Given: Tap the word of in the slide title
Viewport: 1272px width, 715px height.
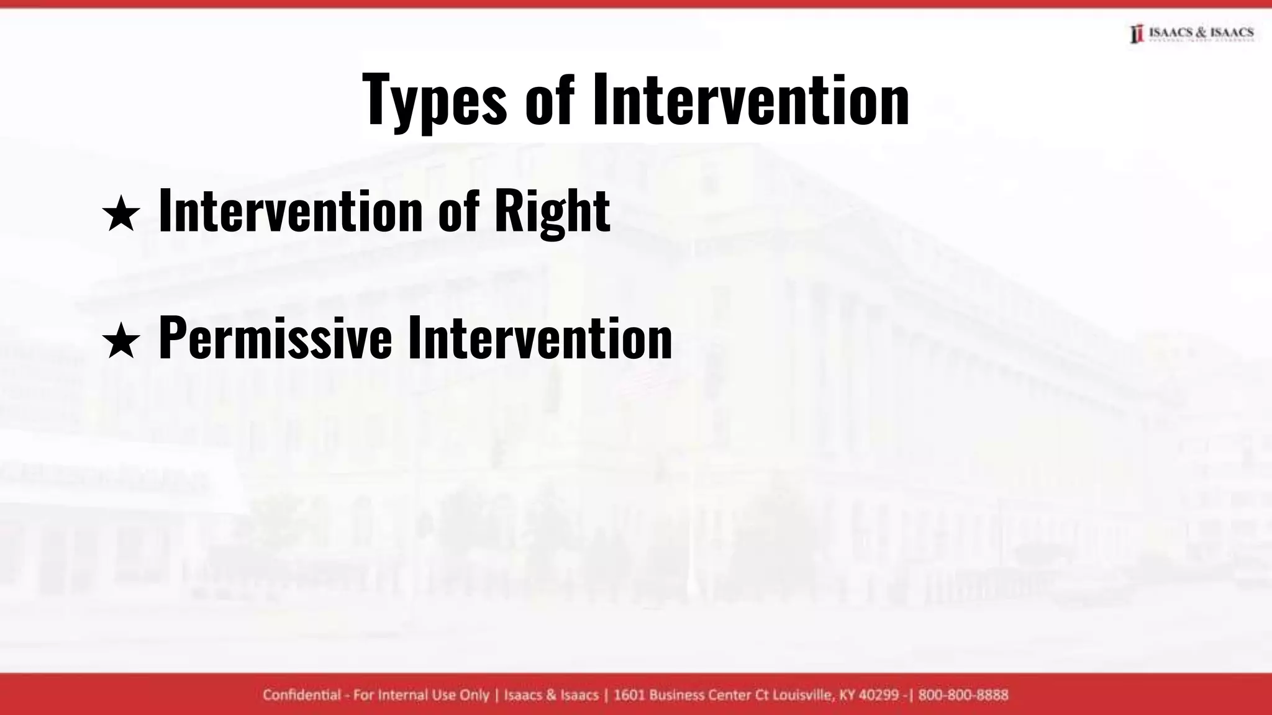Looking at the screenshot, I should (x=549, y=99).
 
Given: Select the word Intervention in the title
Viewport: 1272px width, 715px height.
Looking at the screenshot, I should (x=751, y=99).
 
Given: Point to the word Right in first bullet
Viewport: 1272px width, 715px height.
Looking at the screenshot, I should (x=552, y=212).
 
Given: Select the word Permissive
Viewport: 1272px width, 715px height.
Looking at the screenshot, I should (x=275, y=338).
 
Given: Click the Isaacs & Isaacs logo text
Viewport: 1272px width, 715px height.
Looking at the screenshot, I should (x=1201, y=32).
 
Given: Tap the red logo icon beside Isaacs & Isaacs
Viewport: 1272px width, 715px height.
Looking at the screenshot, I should (x=1137, y=34).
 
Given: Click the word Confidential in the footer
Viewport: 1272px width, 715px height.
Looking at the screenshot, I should (x=302, y=695).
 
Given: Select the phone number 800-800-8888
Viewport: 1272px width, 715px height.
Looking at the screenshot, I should (x=963, y=695).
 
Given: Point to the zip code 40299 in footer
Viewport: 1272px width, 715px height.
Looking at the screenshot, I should (x=878, y=695).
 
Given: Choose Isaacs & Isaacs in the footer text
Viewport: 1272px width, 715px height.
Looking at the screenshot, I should (x=552, y=695).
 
